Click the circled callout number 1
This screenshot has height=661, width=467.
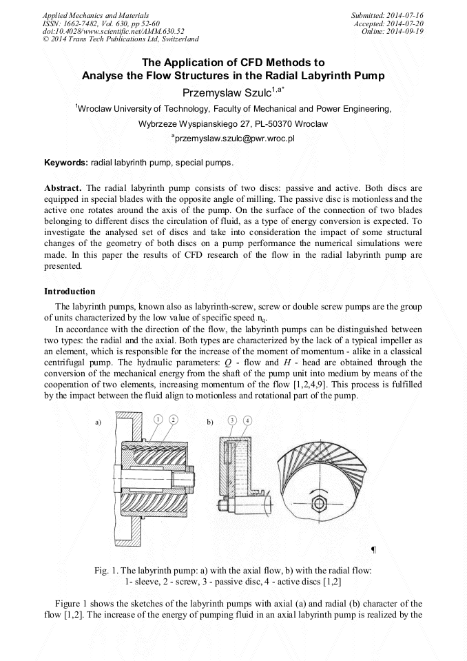[158, 419]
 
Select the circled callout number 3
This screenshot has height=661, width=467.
[233, 420]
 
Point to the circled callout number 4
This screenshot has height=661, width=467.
[247, 420]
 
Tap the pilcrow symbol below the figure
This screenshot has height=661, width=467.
[373, 549]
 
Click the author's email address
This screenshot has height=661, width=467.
[233, 139]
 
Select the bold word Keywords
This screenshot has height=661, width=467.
[65, 163]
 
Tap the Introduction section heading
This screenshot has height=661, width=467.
[70, 292]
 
